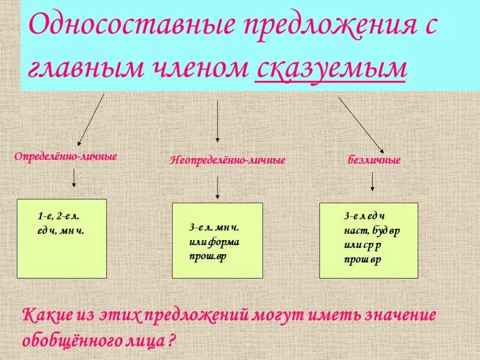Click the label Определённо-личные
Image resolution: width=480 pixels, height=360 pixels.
[x=65, y=156]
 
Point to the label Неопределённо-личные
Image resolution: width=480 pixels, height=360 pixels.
[x=228, y=160]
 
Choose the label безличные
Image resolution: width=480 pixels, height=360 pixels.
[x=374, y=160]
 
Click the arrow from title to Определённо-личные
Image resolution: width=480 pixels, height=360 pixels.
[x=90, y=120]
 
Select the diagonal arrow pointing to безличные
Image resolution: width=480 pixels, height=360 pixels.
[x=361, y=125]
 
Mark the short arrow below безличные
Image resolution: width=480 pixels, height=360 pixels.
[x=372, y=181]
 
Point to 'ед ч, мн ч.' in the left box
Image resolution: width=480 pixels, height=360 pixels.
[x=61, y=230]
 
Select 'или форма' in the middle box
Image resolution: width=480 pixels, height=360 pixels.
[x=214, y=242]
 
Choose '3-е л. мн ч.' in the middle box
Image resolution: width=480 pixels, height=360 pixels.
[x=214, y=228]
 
